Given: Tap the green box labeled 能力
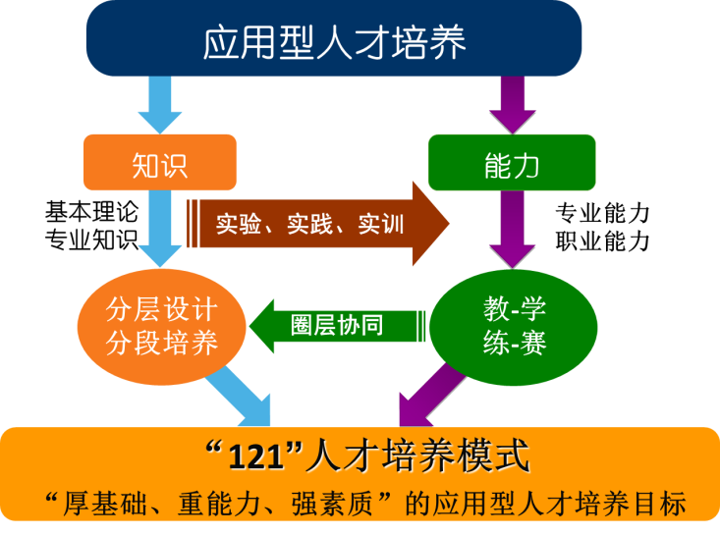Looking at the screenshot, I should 512,163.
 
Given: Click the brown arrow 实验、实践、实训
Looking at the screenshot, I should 314,224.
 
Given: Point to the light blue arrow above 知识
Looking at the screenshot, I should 159,104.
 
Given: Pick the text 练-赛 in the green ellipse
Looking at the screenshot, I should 514,344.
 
